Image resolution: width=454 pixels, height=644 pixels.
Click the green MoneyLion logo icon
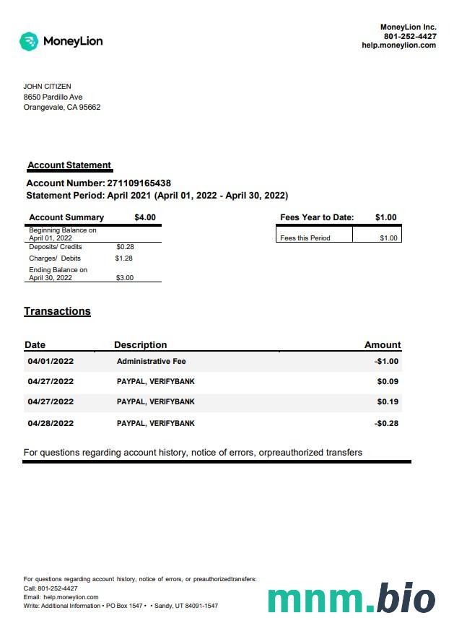tap(29, 41)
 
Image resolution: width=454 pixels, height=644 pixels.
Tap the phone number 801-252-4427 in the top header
tap(409, 36)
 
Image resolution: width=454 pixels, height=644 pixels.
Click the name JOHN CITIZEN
tap(48, 87)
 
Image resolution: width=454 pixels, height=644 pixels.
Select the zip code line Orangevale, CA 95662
tap(62, 108)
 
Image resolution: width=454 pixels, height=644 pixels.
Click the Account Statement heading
tap(69, 165)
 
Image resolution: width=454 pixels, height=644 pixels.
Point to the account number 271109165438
tap(139, 183)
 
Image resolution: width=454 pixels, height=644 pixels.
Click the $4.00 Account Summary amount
tap(144, 217)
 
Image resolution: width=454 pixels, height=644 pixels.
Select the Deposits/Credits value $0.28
tap(125, 247)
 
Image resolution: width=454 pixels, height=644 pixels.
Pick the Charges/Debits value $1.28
tap(124, 258)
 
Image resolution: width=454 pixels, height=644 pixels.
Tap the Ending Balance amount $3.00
tap(124, 278)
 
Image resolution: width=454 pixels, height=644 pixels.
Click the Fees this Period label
tap(305, 238)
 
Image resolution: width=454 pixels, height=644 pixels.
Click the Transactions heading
tap(57, 311)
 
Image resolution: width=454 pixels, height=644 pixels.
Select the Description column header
tap(140, 345)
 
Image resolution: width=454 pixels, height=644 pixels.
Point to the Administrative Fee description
tap(152, 362)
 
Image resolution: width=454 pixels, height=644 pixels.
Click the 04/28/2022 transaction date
tap(51, 424)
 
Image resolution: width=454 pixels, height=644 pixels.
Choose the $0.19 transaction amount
tap(388, 402)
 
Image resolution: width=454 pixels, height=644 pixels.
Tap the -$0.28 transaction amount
tap(387, 424)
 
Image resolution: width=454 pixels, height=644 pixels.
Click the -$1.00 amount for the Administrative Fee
tap(387, 362)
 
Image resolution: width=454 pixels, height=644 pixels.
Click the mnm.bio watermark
tap(352, 599)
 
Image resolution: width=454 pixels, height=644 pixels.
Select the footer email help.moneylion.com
tap(71, 598)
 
